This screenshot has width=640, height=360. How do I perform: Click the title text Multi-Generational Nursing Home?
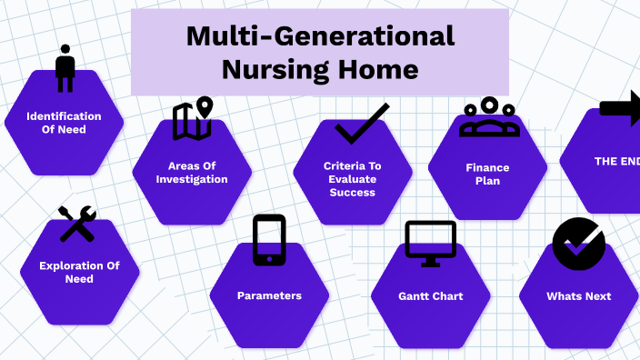click(x=319, y=53)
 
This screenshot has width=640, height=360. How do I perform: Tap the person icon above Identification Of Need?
click(x=65, y=69)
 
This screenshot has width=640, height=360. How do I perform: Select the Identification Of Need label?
click(x=64, y=123)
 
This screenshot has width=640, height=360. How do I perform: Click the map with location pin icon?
click(x=192, y=119)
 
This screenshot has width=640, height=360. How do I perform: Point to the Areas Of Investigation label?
click(x=192, y=172)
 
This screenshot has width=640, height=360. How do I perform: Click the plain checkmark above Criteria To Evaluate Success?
click(x=361, y=125)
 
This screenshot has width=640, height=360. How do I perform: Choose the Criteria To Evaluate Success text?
click(x=353, y=178)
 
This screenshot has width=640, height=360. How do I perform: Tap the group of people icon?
click(x=489, y=117)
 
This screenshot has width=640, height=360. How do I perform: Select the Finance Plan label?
click(x=488, y=174)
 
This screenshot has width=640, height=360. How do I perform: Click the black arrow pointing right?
click(x=620, y=109)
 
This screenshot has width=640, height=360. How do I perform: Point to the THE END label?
click(x=616, y=161)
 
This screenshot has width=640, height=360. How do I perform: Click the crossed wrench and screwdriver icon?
click(x=77, y=224)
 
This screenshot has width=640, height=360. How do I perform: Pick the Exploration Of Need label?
click(x=79, y=272)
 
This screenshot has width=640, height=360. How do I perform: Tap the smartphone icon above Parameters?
click(x=269, y=241)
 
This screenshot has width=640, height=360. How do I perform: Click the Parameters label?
click(x=269, y=295)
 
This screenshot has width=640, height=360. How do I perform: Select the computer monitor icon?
click(x=430, y=244)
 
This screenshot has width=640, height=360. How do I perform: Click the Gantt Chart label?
click(x=431, y=296)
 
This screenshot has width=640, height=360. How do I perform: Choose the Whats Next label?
click(x=579, y=296)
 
